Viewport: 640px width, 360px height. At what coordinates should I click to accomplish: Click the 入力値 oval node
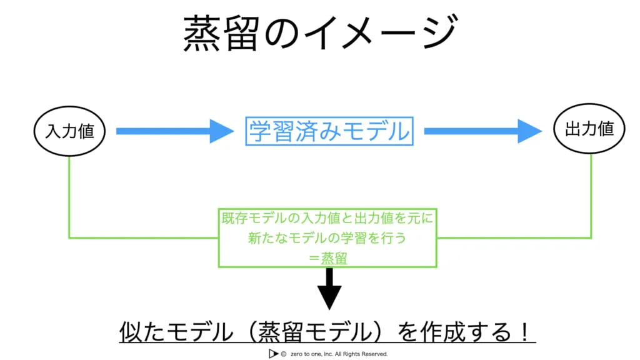pos(69,132)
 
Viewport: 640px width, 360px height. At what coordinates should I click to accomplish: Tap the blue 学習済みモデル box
pos(329,131)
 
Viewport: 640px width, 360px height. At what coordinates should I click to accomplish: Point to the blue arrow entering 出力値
pos(482,131)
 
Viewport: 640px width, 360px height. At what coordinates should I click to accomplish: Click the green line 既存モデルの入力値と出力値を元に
pos(328,219)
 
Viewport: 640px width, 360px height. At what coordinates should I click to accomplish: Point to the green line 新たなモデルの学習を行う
pos(328,239)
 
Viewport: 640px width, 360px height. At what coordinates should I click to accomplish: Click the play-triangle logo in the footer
pos(272,354)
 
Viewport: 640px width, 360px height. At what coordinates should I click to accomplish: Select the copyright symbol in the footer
pos(284,354)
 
